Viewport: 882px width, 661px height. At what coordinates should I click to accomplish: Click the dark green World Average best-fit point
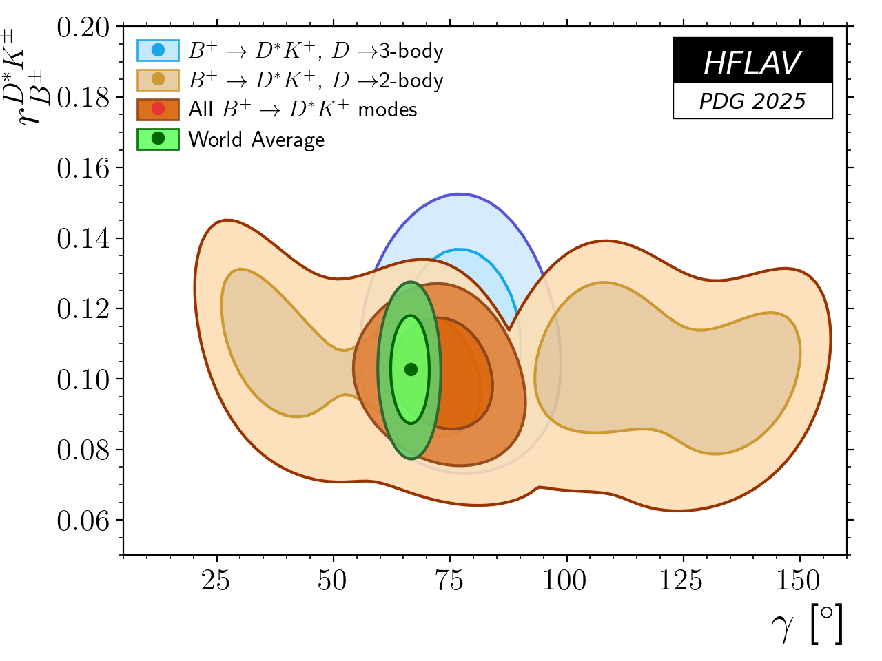tap(411, 370)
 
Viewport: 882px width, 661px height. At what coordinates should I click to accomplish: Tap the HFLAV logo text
tap(752, 63)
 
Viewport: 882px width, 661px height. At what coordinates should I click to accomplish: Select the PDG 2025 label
tap(752, 101)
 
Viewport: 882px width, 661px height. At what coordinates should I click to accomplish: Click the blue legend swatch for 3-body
tap(158, 50)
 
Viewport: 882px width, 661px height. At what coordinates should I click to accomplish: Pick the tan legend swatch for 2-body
tap(158, 80)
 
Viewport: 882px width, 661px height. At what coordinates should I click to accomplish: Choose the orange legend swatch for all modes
tap(158, 109)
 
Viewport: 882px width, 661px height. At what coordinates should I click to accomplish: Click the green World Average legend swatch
tap(158, 138)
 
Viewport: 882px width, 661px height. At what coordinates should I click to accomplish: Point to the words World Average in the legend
tap(256, 139)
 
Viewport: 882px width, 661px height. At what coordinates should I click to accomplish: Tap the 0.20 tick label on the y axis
tap(83, 28)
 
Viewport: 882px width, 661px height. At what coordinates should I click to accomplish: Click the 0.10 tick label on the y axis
tap(83, 379)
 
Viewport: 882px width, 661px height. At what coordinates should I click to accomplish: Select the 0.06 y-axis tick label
tap(83, 521)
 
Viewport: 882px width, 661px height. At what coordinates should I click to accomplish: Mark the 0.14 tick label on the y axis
tap(83, 239)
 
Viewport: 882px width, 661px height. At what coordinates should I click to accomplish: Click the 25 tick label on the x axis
tap(216, 580)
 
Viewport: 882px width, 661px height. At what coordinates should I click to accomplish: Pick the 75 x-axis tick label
tap(449, 580)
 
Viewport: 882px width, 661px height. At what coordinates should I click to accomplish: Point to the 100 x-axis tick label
tap(565, 580)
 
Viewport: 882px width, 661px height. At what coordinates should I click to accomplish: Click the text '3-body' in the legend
tap(411, 51)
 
